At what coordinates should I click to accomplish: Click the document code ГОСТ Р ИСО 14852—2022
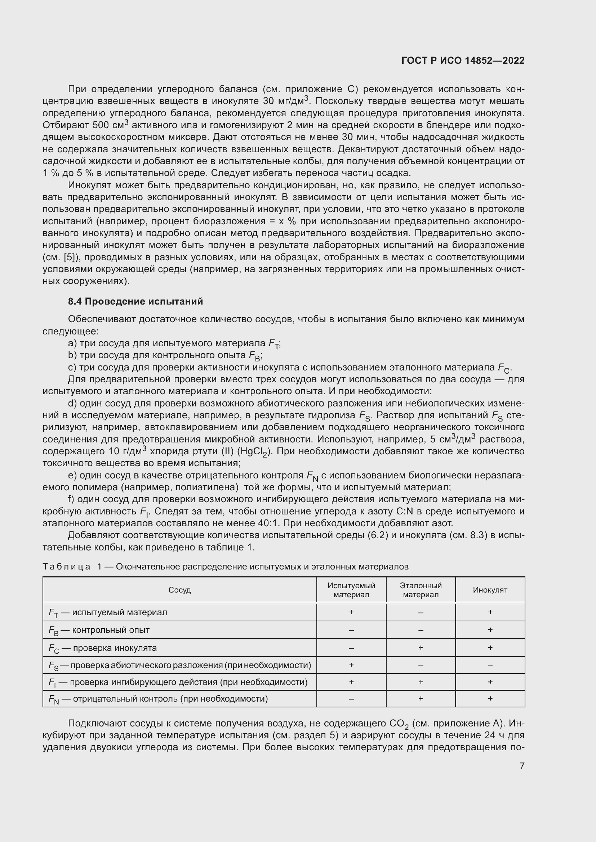click(x=463, y=60)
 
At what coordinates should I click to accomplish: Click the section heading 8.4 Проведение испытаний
click(x=135, y=301)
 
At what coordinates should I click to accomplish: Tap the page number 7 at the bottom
click(x=522, y=766)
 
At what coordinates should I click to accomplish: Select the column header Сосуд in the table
click(x=179, y=590)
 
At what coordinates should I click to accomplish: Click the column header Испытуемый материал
click(x=351, y=590)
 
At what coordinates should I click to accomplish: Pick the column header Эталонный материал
click(x=421, y=590)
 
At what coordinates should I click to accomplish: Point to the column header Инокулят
click(x=490, y=590)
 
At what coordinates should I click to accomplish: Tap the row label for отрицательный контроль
click(x=158, y=699)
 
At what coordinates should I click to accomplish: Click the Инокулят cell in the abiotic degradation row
click(x=490, y=665)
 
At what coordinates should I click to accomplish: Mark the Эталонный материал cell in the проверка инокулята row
click(x=421, y=648)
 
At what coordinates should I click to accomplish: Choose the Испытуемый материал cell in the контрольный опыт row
click(x=351, y=630)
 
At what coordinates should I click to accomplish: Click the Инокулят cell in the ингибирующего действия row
click(x=490, y=682)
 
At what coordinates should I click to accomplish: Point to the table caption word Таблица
click(x=66, y=567)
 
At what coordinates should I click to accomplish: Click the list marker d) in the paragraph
click(x=72, y=404)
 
